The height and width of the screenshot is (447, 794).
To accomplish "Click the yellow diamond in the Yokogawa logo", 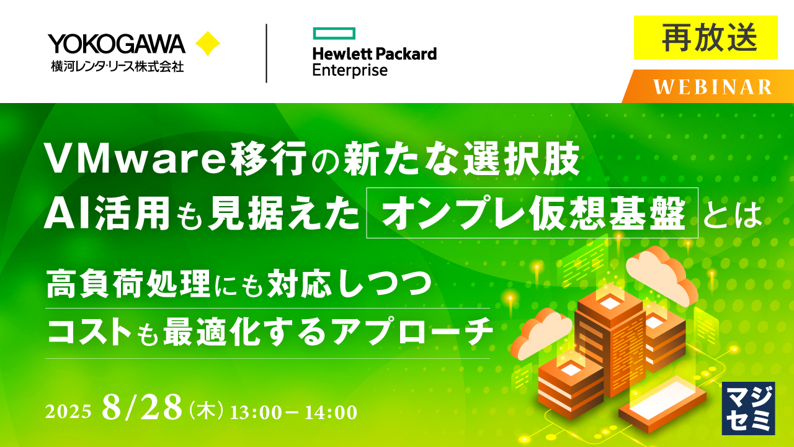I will [207, 44].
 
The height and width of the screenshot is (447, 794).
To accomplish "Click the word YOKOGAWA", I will [117, 43].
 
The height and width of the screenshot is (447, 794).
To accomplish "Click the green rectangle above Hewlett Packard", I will [334, 32].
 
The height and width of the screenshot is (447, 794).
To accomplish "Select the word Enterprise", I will [350, 70].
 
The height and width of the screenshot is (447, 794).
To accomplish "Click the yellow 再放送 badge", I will [705, 38].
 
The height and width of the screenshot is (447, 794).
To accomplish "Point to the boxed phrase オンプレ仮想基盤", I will [532, 213].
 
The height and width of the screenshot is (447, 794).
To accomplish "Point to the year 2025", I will [69, 412].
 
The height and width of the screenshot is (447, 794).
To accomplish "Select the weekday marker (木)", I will [205, 410].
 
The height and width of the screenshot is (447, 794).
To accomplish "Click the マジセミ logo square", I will [748, 408].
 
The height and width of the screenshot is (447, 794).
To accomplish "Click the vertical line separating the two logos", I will [266, 53].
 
